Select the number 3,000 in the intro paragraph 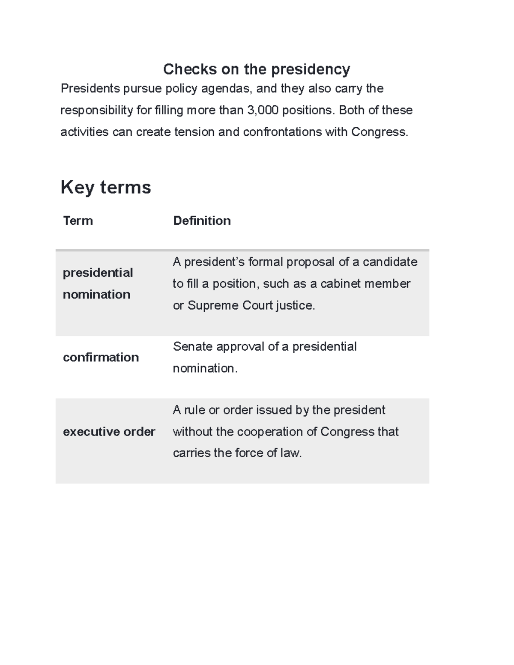(x=263, y=110)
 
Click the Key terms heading (x=106, y=187)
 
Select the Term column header (x=78, y=221)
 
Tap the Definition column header (x=202, y=221)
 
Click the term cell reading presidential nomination (x=98, y=283)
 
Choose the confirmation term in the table (x=101, y=357)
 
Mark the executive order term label (x=109, y=432)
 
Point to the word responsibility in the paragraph (x=96, y=110)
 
